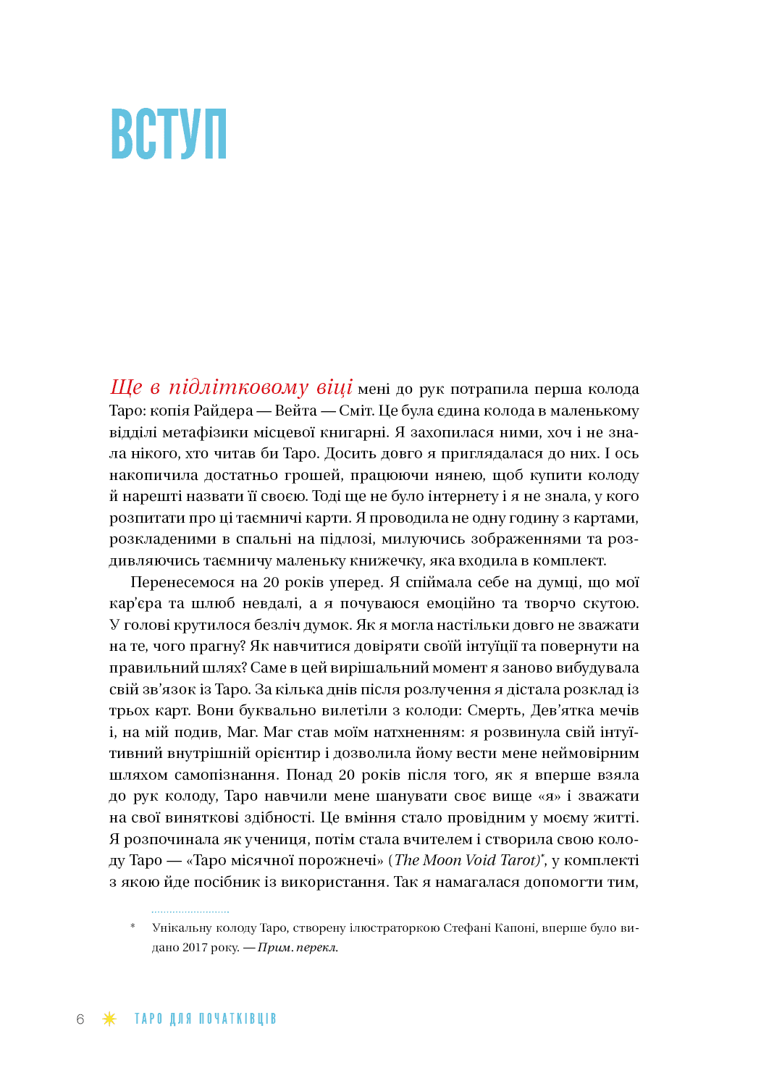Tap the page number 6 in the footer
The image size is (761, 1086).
(80, 1019)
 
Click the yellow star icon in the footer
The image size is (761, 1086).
(109, 1019)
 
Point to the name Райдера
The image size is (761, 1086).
(223, 411)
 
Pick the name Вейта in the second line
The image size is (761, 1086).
(295, 411)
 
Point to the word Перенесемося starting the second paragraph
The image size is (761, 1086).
(183, 583)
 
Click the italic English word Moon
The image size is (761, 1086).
(442, 861)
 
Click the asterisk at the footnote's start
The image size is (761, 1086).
(133, 927)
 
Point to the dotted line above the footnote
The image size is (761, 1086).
(190, 912)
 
